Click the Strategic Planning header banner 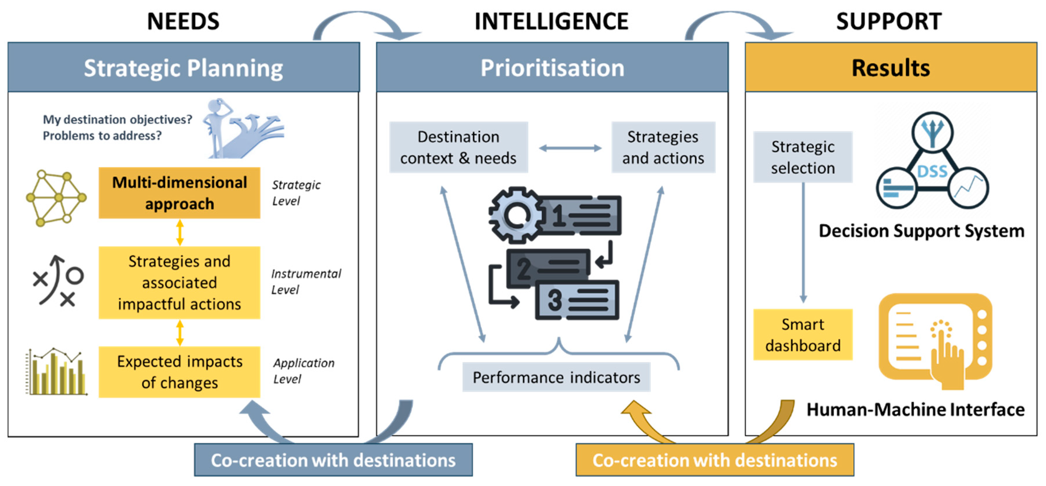click(x=184, y=67)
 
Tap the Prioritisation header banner click(x=552, y=67)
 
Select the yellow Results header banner click(x=891, y=67)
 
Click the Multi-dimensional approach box click(x=179, y=193)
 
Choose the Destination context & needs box click(x=459, y=147)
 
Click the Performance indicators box click(x=556, y=377)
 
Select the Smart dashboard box click(x=803, y=335)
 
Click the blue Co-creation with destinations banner click(x=333, y=460)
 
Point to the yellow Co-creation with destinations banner click(x=715, y=460)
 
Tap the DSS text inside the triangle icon click(x=932, y=172)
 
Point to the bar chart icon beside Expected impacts click(x=56, y=371)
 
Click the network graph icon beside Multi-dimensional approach click(x=56, y=198)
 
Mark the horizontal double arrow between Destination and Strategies click(x=570, y=148)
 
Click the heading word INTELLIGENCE click(x=552, y=21)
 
